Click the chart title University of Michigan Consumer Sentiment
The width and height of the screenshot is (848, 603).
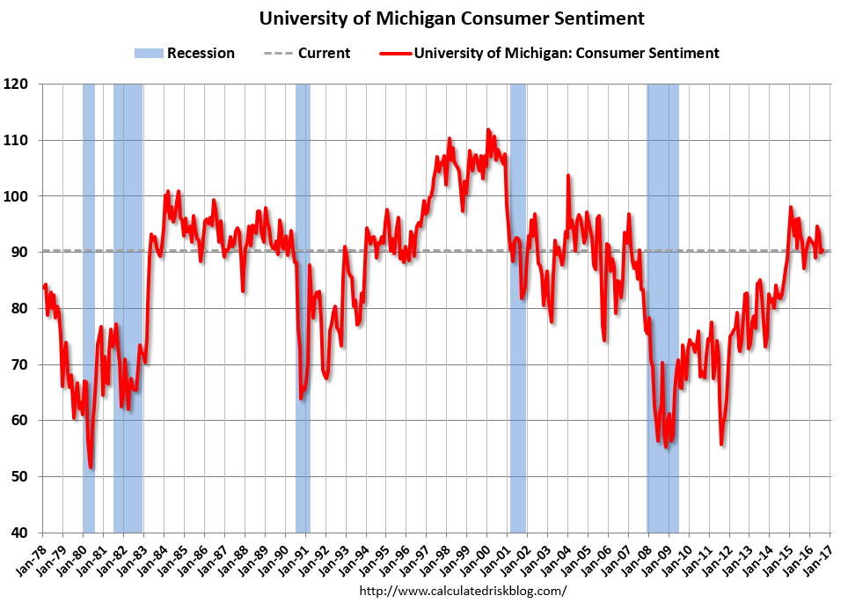click(451, 18)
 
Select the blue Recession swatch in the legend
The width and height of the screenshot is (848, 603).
click(149, 53)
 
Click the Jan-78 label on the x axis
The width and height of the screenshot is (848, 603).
click(30, 558)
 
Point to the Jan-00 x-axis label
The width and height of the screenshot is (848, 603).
click(475, 558)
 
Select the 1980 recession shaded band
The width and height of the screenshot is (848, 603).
click(89, 308)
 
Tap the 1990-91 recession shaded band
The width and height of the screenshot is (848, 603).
click(303, 308)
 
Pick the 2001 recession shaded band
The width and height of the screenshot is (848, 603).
click(517, 308)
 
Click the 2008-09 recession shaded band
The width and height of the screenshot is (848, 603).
click(662, 308)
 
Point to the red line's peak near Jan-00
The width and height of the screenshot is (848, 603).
click(488, 130)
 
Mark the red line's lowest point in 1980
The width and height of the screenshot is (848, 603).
click(91, 467)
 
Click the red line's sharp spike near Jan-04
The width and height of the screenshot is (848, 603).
click(568, 176)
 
